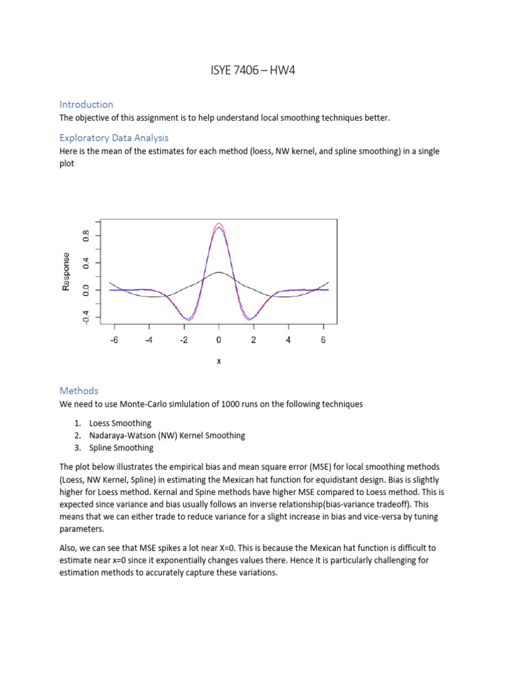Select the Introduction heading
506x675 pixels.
(x=86, y=104)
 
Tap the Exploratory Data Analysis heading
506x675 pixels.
(x=114, y=138)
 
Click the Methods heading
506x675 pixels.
(x=78, y=391)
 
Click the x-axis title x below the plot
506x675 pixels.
(x=219, y=361)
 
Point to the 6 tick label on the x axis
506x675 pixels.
(x=323, y=340)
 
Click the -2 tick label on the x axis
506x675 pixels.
(x=183, y=340)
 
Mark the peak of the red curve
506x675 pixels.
(x=219, y=223)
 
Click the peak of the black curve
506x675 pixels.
(x=219, y=272)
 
